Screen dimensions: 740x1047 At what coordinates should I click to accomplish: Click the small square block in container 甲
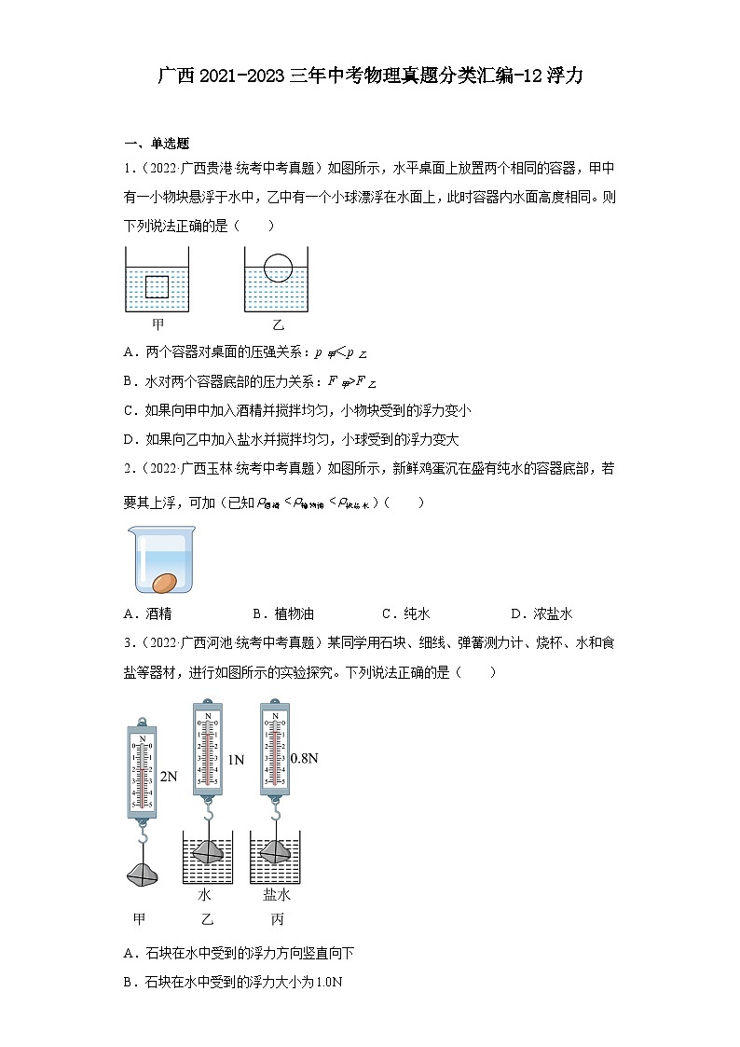157,286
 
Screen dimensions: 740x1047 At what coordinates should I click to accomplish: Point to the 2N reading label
169,776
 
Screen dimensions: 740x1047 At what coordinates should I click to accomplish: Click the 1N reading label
236,760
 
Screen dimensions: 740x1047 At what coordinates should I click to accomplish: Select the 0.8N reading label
304,758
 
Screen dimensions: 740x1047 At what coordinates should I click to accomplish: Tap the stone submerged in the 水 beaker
207,849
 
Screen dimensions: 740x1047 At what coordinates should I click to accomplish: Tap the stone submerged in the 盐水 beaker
277,849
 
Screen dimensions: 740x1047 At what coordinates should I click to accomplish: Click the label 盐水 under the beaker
277,895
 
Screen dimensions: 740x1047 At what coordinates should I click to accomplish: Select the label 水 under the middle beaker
205,895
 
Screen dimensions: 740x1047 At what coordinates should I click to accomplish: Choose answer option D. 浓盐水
541,613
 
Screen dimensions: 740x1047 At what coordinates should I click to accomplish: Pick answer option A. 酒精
147,613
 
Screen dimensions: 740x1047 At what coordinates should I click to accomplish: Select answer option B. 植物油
283,613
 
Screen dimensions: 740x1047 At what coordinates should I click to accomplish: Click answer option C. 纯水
405,613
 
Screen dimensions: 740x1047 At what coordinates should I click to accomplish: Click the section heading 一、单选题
157,144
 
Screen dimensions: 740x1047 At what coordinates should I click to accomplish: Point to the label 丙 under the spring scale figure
277,918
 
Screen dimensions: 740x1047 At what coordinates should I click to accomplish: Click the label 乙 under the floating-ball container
278,325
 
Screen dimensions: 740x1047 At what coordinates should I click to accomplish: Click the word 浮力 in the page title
566,76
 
